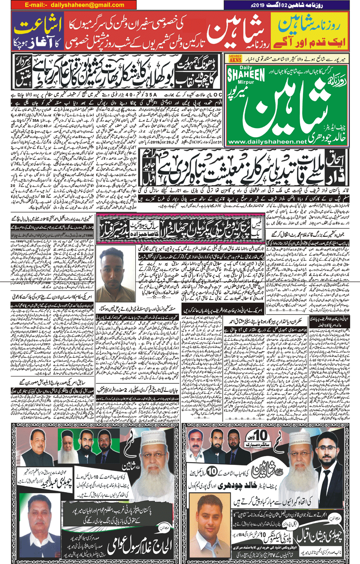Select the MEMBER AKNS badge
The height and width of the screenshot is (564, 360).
(x=235, y=58)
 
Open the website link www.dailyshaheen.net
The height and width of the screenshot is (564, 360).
(x=267, y=142)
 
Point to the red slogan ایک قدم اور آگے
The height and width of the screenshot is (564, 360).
(x=310, y=42)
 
